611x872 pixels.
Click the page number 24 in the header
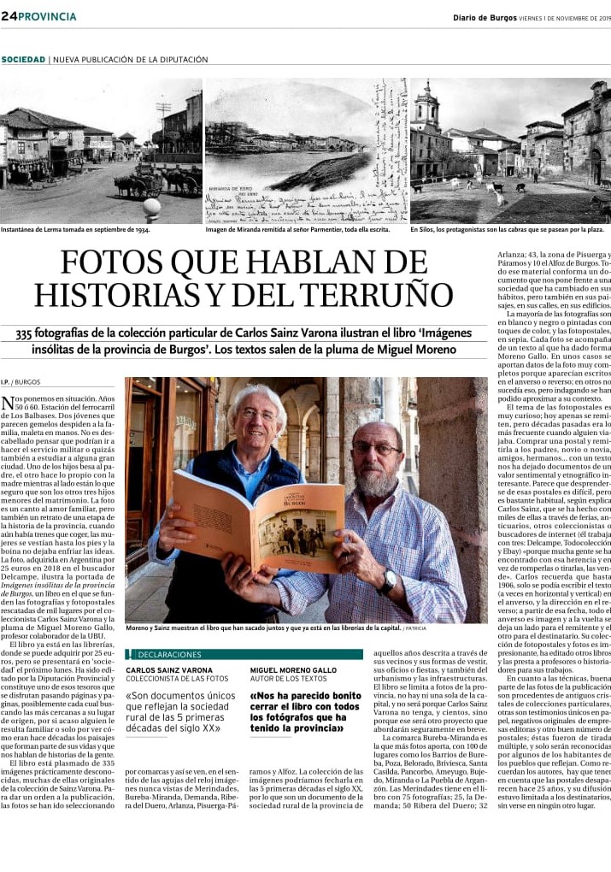tap(9, 16)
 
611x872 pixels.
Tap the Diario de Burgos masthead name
tap(485, 16)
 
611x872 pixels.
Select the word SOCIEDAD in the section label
tap(23, 60)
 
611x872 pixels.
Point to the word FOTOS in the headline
tap(116, 261)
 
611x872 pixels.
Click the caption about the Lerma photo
tap(75, 230)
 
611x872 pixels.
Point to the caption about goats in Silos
tap(507, 230)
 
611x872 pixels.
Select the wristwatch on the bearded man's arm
tap(389, 581)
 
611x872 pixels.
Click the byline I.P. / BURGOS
tap(21, 382)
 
